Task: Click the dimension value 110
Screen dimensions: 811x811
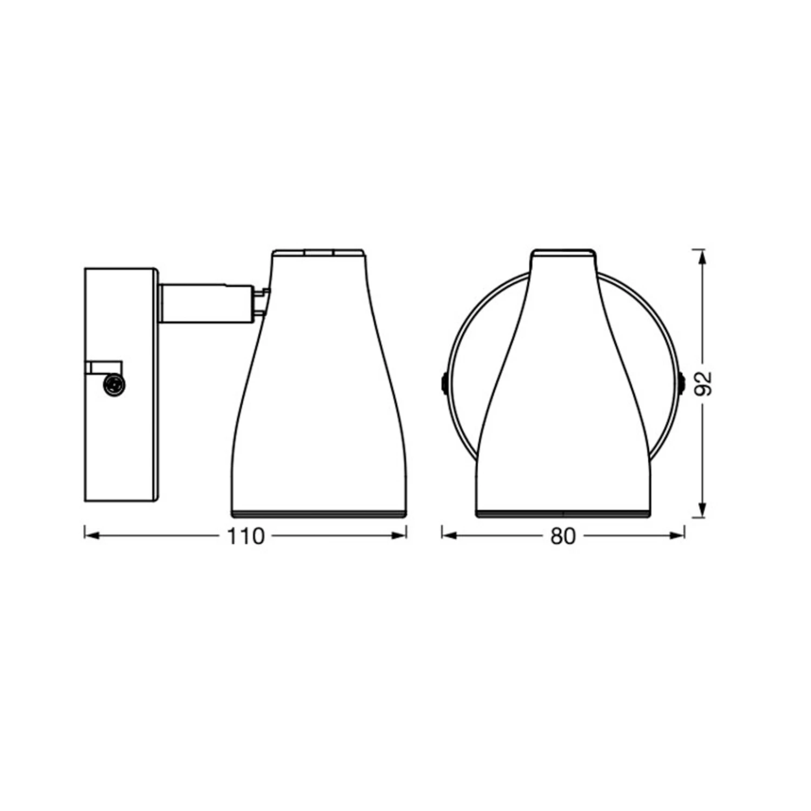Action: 245,536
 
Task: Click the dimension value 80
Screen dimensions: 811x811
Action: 563,536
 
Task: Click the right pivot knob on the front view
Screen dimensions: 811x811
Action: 682,383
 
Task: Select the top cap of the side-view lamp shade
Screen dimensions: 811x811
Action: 318,252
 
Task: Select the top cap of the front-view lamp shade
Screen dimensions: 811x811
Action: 563,252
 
